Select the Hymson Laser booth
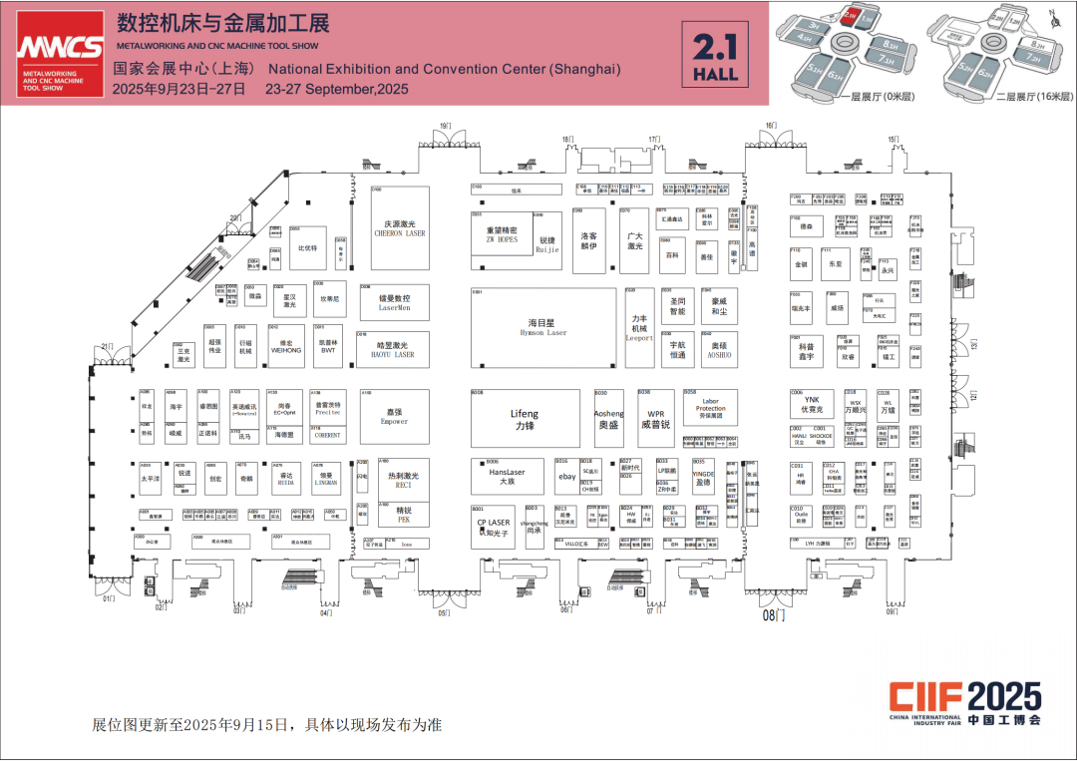click(x=542, y=327)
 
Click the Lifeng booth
click(x=525, y=419)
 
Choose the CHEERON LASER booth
click(x=400, y=228)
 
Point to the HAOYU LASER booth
click(x=395, y=349)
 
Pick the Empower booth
click(x=394, y=416)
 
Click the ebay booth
click(x=566, y=477)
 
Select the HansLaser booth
click(x=507, y=477)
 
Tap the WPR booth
click(x=656, y=418)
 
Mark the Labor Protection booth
click(x=710, y=408)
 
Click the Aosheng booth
click(x=608, y=418)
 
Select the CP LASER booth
click(x=493, y=526)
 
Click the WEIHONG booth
click(x=286, y=345)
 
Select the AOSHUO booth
click(x=719, y=349)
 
